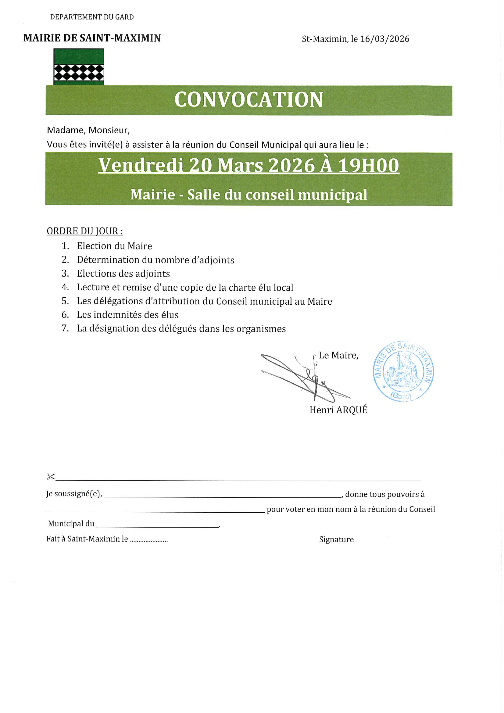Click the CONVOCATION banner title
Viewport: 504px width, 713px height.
248,100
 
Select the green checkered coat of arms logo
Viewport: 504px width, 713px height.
79,67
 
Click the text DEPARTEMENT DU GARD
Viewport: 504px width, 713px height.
92,17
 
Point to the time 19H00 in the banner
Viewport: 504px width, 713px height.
368,165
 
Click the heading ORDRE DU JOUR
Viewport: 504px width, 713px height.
84,231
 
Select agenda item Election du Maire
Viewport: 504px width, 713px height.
114,246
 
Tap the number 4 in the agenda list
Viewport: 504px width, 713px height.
65,287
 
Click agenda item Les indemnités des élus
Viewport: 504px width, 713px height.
128,315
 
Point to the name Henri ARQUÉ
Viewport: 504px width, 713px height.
338,410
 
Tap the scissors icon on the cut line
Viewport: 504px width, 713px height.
50,477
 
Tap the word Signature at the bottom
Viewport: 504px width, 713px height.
336,540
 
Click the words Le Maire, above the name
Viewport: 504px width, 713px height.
338,355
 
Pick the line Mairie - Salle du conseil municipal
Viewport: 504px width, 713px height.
248,195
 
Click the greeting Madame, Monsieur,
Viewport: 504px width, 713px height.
88,130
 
